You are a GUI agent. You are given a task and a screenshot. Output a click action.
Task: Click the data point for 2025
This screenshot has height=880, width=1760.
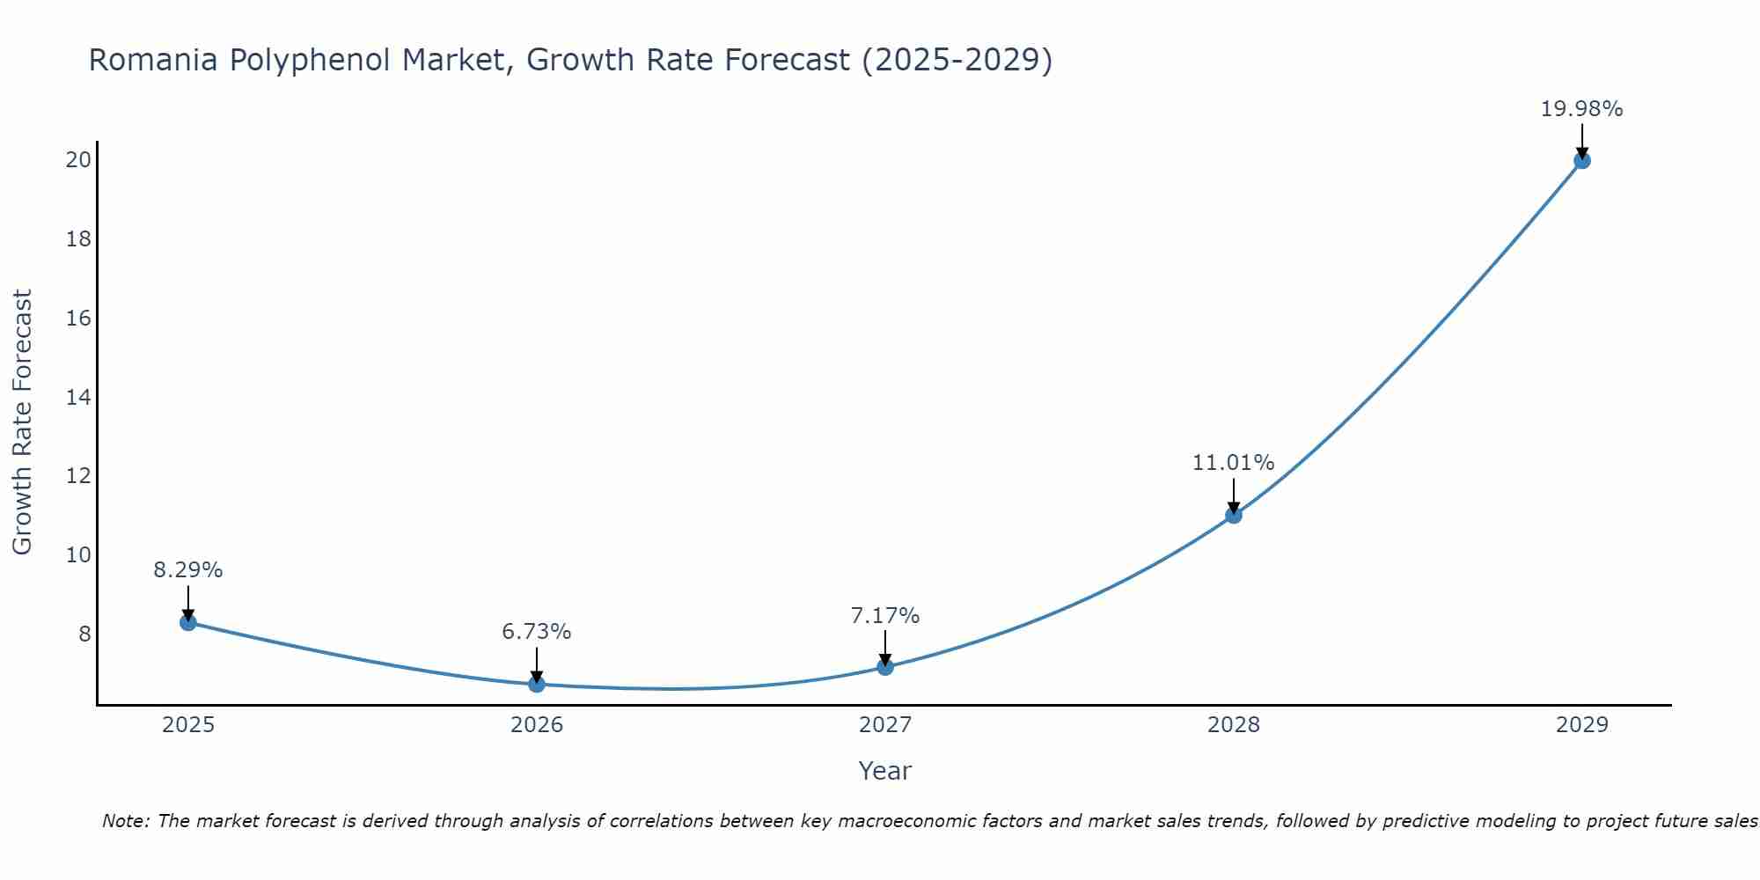click(x=187, y=622)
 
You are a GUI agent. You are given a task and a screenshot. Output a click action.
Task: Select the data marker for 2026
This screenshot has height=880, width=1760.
click(x=537, y=684)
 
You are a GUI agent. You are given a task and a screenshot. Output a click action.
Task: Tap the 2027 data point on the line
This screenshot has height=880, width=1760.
click(x=885, y=667)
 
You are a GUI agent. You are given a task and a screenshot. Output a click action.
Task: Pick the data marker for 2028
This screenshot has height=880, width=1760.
click(x=1234, y=515)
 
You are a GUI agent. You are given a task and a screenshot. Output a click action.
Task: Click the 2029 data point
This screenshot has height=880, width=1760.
click(x=1582, y=160)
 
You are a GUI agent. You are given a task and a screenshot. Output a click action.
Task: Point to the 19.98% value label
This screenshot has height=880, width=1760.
click(x=1581, y=109)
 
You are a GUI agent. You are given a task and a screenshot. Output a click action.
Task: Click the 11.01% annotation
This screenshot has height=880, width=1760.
click(x=1233, y=463)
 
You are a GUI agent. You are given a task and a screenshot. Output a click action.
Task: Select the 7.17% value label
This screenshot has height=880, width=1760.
click(x=884, y=616)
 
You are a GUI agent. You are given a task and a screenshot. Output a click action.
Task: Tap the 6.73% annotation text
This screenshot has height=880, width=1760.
click(x=536, y=632)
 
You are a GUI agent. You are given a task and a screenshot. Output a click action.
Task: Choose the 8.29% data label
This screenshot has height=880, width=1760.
click(x=187, y=570)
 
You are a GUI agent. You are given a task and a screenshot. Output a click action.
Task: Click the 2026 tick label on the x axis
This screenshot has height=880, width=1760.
click(x=537, y=725)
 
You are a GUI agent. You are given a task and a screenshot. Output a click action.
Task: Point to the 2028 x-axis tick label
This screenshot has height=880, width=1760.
click(x=1234, y=725)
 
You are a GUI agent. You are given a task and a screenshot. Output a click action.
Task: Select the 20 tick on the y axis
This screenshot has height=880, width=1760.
click(x=79, y=159)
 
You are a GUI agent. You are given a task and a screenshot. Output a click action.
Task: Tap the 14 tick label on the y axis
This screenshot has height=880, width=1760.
click(x=79, y=397)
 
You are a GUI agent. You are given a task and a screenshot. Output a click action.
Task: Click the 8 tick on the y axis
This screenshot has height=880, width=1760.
click(x=84, y=634)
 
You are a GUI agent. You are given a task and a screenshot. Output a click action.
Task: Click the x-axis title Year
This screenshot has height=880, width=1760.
click(x=884, y=771)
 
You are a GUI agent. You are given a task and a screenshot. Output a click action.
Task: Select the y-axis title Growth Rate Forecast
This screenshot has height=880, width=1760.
click(x=22, y=422)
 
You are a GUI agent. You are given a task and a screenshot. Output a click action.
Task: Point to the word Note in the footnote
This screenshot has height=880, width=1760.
click(x=126, y=821)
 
